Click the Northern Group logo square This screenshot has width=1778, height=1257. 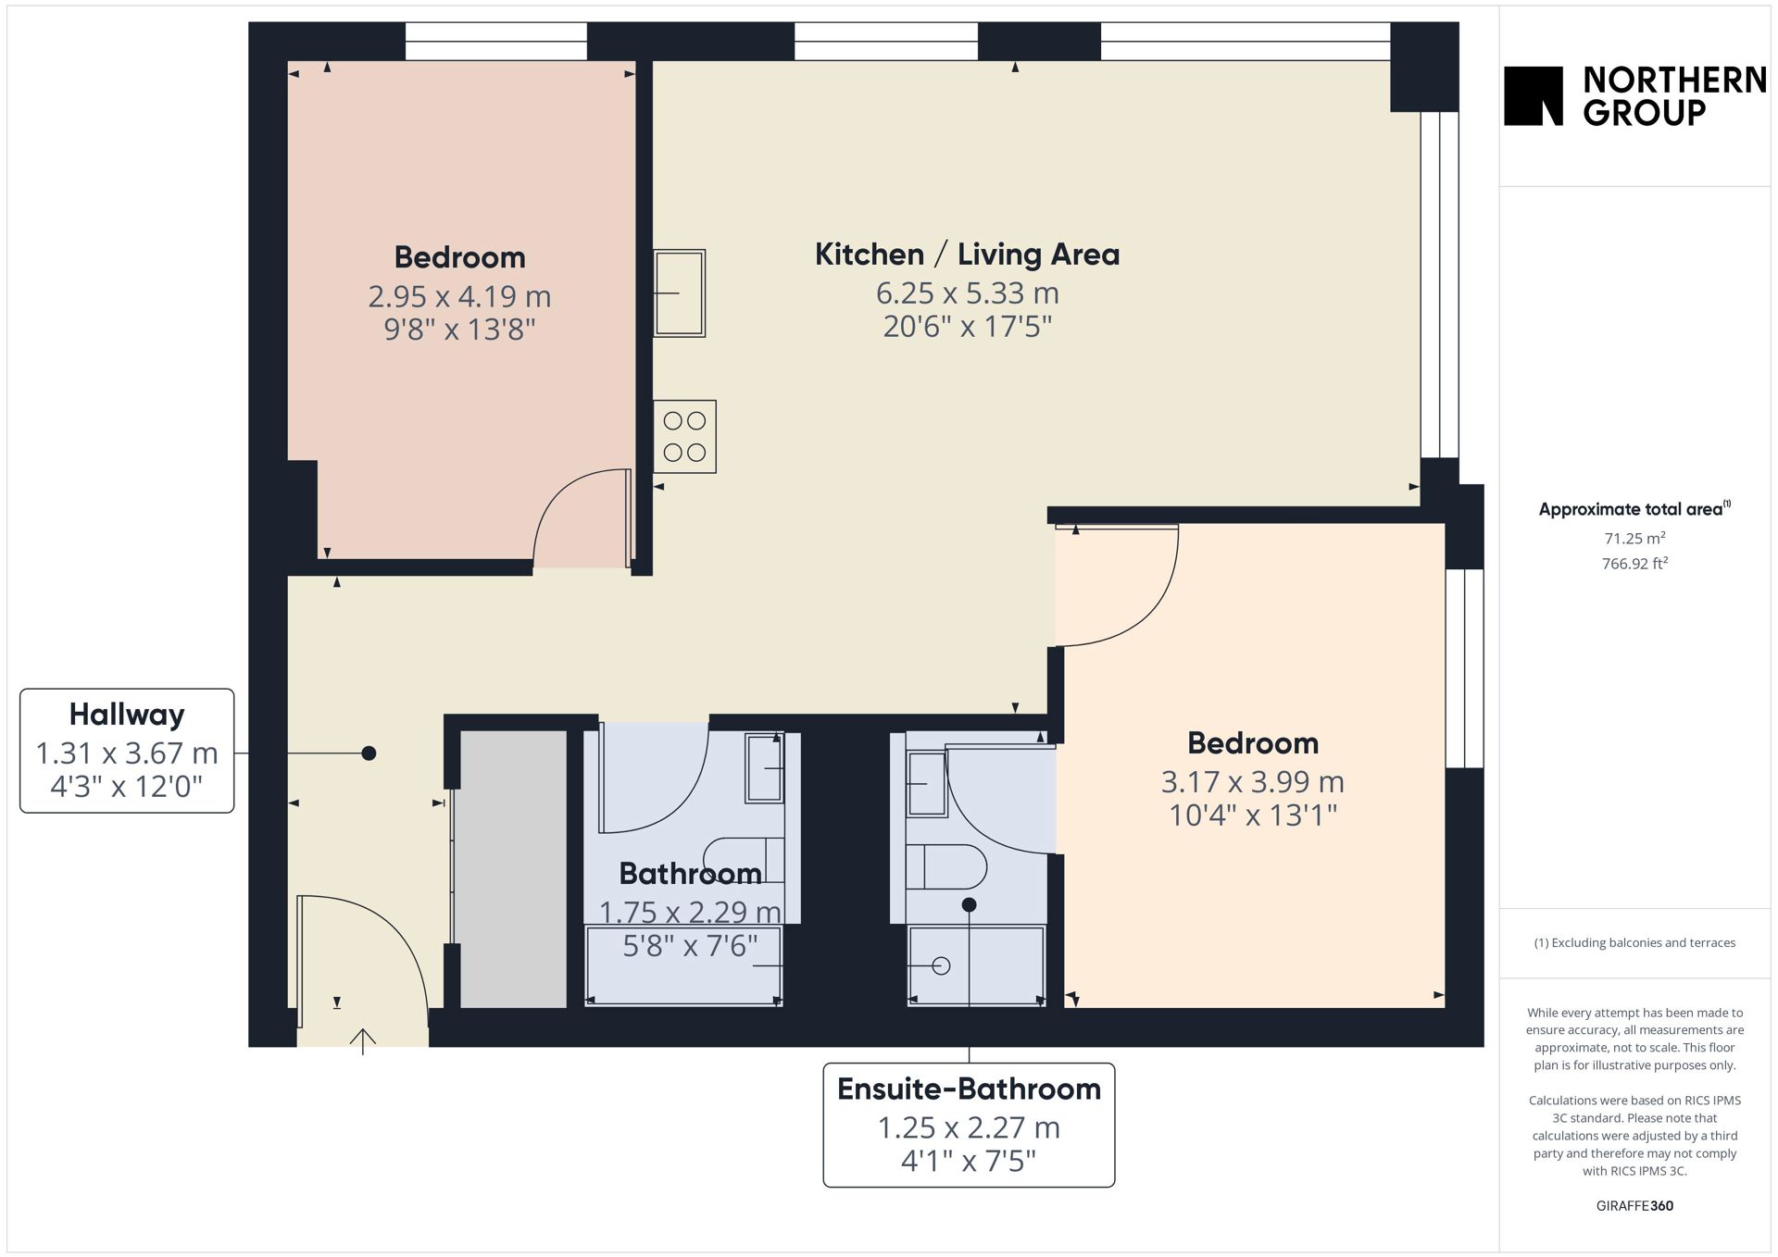coord(1533,95)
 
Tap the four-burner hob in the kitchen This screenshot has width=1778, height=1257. coord(684,437)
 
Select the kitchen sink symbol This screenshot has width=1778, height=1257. coord(679,293)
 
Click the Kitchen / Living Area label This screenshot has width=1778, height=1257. coord(967,254)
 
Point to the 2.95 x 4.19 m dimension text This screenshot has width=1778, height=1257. coord(459,296)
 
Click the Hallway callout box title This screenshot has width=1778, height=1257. coord(127,715)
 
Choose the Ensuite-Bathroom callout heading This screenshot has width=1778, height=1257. coord(969,1089)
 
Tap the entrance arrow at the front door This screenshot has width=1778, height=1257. coord(362,1041)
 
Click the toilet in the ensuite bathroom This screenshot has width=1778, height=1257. coord(945,866)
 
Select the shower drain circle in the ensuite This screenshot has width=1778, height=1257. coord(942,966)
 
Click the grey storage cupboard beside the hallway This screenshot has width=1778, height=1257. coord(513,868)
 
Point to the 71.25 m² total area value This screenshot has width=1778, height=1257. coord(1634,538)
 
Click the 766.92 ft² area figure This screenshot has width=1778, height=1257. coord(1634,563)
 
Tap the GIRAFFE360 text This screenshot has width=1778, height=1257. coord(1634,1205)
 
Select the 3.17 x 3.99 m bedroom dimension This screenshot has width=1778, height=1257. coord(1252,782)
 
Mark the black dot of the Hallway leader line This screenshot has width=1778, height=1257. coord(369,753)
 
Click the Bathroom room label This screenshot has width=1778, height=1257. coord(690,873)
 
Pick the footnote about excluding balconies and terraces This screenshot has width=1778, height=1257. coord(1634,942)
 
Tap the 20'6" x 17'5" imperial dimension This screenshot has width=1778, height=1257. coord(967,327)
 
